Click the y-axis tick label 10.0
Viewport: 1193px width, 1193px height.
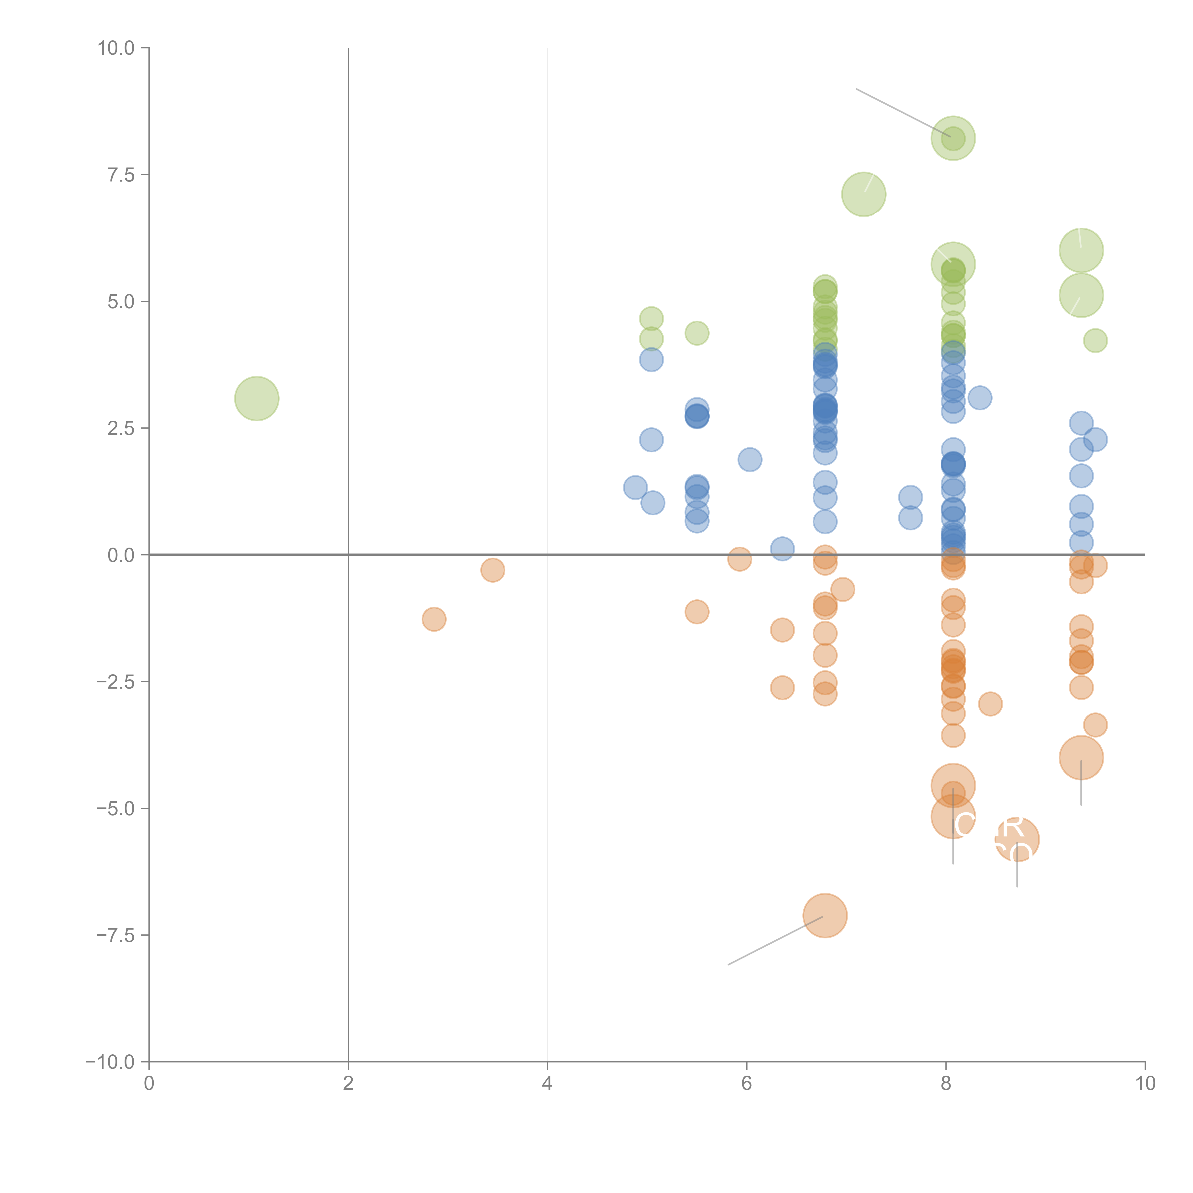[116, 48]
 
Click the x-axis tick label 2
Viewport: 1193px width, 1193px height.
[348, 1084]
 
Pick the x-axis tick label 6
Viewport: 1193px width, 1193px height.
[747, 1084]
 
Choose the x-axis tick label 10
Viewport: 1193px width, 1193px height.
[1145, 1084]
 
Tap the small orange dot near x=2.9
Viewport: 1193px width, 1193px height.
[434, 619]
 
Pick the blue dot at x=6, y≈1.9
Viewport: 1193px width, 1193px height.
[750, 459]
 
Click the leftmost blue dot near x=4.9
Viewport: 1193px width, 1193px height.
[635, 488]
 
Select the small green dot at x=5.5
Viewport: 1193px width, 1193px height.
[696, 334]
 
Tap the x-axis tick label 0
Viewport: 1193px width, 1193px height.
[149, 1084]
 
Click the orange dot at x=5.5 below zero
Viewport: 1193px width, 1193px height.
[696, 612]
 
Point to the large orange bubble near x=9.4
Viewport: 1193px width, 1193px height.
[1081, 758]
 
